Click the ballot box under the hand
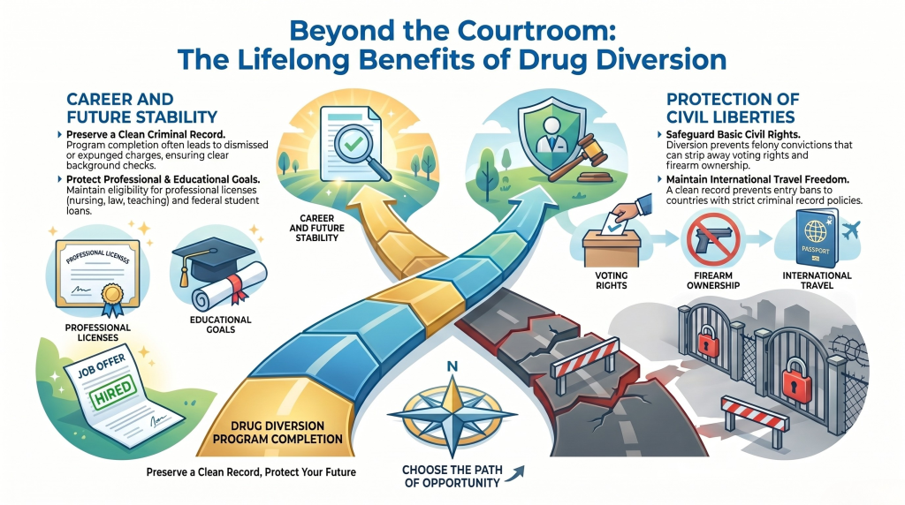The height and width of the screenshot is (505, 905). [x=612, y=246]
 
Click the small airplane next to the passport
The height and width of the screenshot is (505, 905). [x=850, y=230]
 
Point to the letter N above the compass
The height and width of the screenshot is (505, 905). [x=452, y=366]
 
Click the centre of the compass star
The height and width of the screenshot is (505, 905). [x=452, y=414]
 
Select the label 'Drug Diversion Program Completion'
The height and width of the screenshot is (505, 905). [x=278, y=433]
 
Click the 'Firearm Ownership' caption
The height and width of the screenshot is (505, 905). [x=713, y=280]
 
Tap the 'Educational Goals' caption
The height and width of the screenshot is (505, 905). [x=220, y=325]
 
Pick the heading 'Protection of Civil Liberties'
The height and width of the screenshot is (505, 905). [x=733, y=108]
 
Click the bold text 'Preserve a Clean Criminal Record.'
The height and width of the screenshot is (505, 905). [x=141, y=135]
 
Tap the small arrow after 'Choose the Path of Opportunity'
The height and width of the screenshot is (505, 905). [x=518, y=472]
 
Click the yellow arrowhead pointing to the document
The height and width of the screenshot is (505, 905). [x=371, y=202]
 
